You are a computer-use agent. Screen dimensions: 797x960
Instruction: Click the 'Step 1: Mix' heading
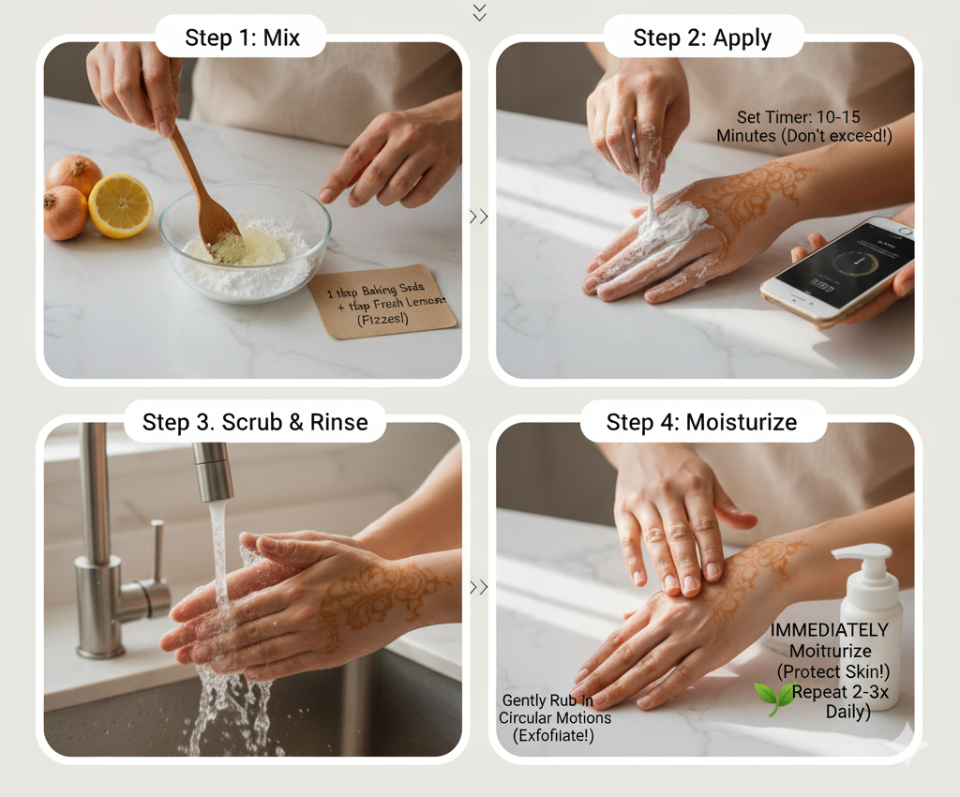click(x=242, y=38)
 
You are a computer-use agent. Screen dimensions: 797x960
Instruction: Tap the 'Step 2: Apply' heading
click(x=702, y=38)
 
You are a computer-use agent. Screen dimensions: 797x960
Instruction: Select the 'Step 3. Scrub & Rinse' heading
click(x=254, y=422)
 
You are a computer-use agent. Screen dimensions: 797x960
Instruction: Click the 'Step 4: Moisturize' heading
click(x=701, y=422)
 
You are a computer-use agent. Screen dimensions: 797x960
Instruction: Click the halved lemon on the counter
click(x=121, y=205)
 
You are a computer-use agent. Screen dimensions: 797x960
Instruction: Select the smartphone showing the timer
click(x=837, y=270)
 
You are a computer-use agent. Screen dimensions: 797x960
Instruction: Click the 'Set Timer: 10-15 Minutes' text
click(x=803, y=127)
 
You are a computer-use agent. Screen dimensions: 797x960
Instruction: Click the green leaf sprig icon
click(x=773, y=699)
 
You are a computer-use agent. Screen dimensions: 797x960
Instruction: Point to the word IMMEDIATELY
click(x=829, y=630)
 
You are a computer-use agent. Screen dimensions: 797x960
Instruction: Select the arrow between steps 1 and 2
click(x=478, y=217)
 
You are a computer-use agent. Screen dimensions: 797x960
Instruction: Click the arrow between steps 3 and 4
click(x=478, y=588)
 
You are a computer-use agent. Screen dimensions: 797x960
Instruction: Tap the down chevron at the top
click(x=480, y=11)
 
